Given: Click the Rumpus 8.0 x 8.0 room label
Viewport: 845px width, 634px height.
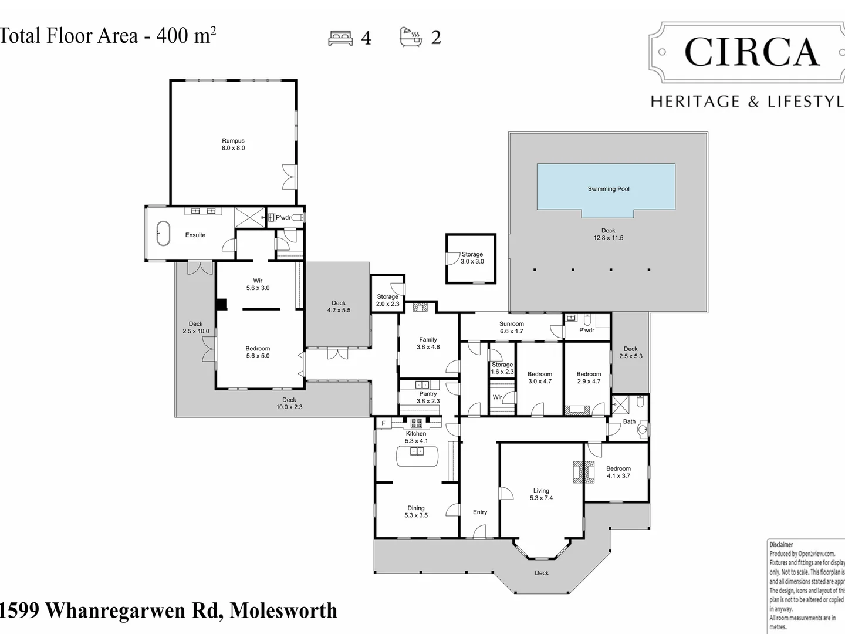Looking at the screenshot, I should pyautogui.click(x=233, y=144).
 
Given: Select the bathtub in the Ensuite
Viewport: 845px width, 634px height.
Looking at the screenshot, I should pyautogui.click(x=163, y=234).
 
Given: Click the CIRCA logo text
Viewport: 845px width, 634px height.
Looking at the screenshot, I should pyautogui.click(x=751, y=53).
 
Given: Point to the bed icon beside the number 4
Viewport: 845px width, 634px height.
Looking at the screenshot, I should pyautogui.click(x=340, y=38).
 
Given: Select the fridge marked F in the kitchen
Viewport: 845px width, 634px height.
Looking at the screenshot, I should pyautogui.click(x=384, y=423).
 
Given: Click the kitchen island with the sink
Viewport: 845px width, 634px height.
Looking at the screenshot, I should pyautogui.click(x=417, y=455).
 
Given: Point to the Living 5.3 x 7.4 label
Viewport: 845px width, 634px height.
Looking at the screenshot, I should pyautogui.click(x=541, y=494).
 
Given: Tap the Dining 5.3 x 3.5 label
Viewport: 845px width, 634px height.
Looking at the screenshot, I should pyautogui.click(x=416, y=512).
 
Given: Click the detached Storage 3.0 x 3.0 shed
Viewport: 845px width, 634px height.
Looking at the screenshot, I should pyautogui.click(x=471, y=258).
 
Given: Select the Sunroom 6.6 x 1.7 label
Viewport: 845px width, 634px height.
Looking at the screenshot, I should pyautogui.click(x=511, y=328).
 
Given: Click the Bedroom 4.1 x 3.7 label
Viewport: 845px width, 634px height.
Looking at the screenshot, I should pyautogui.click(x=618, y=472).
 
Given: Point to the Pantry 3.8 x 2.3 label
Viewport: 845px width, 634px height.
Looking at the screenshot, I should pyautogui.click(x=428, y=397).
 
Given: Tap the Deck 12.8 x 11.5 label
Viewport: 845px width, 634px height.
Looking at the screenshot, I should pyautogui.click(x=608, y=234).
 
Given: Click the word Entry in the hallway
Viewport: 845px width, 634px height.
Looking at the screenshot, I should pyautogui.click(x=480, y=512).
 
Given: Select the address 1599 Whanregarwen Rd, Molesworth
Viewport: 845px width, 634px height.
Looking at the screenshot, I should pyautogui.click(x=168, y=611).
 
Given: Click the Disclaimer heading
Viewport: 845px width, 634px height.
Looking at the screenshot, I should pyautogui.click(x=781, y=545).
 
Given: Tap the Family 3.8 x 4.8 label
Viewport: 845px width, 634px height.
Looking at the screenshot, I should pyautogui.click(x=428, y=343).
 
